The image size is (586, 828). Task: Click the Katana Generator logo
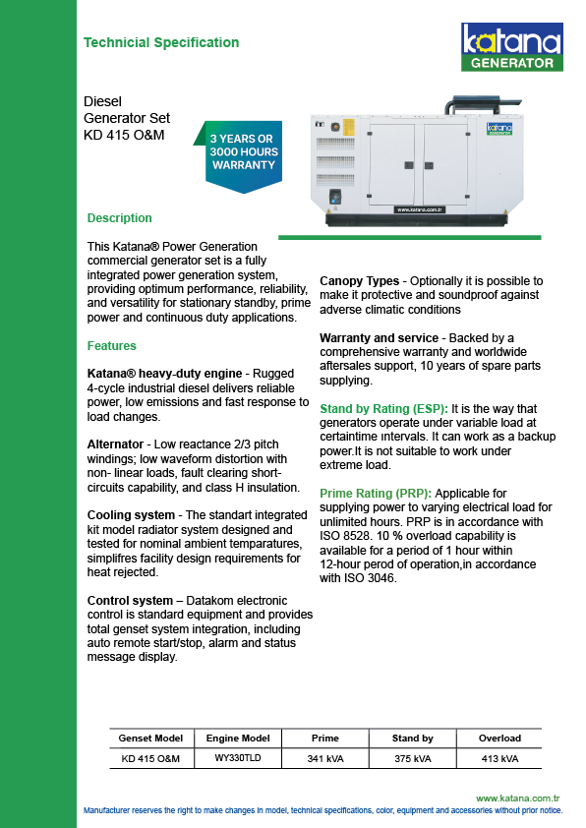[511, 46]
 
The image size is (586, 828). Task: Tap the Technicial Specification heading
[161, 42]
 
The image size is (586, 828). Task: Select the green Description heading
[119, 218]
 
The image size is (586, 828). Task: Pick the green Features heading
[111, 346]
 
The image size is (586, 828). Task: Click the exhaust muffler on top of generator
[483, 104]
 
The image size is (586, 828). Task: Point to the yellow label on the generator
[348, 128]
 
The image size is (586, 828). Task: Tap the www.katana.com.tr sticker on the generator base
[420, 209]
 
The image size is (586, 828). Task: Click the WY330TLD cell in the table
[238, 758]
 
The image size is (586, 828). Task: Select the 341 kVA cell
[325, 759]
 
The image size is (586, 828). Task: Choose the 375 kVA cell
[413, 759]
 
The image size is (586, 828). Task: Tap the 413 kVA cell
[499, 759]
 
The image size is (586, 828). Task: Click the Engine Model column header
[238, 739]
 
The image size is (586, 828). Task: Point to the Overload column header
[499, 739]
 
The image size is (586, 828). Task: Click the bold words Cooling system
[131, 515]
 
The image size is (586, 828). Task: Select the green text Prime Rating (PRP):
[376, 494]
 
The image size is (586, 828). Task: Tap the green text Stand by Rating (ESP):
[383, 409]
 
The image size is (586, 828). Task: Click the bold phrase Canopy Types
[360, 281]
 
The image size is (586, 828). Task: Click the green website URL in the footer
[517, 798]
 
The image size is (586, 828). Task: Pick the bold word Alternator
[115, 444]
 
